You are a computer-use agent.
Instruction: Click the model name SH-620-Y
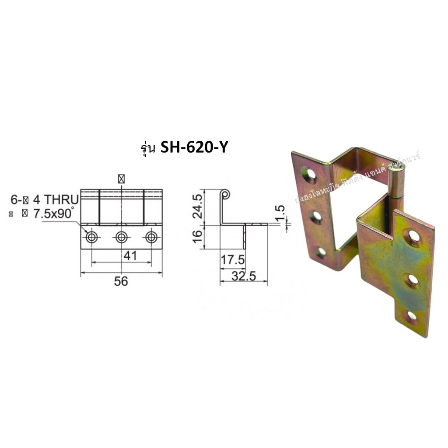click(194, 148)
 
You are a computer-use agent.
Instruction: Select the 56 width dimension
click(121, 281)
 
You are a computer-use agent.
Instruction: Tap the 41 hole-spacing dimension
click(130, 255)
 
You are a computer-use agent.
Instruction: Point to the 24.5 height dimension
click(198, 206)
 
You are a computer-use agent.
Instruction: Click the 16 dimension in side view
click(198, 237)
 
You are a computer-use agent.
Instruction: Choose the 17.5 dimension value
click(232, 260)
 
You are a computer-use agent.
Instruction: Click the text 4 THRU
click(56, 200)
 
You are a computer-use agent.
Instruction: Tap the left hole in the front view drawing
click(92, 237)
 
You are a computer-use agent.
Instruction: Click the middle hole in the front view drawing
click(121, 237)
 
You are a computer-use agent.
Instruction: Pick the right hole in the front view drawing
click(151, 237)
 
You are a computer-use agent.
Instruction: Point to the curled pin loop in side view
click(225, 193)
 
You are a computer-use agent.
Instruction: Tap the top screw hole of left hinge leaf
click(311, 175)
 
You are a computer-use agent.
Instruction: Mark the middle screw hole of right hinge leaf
click(413, 279)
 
